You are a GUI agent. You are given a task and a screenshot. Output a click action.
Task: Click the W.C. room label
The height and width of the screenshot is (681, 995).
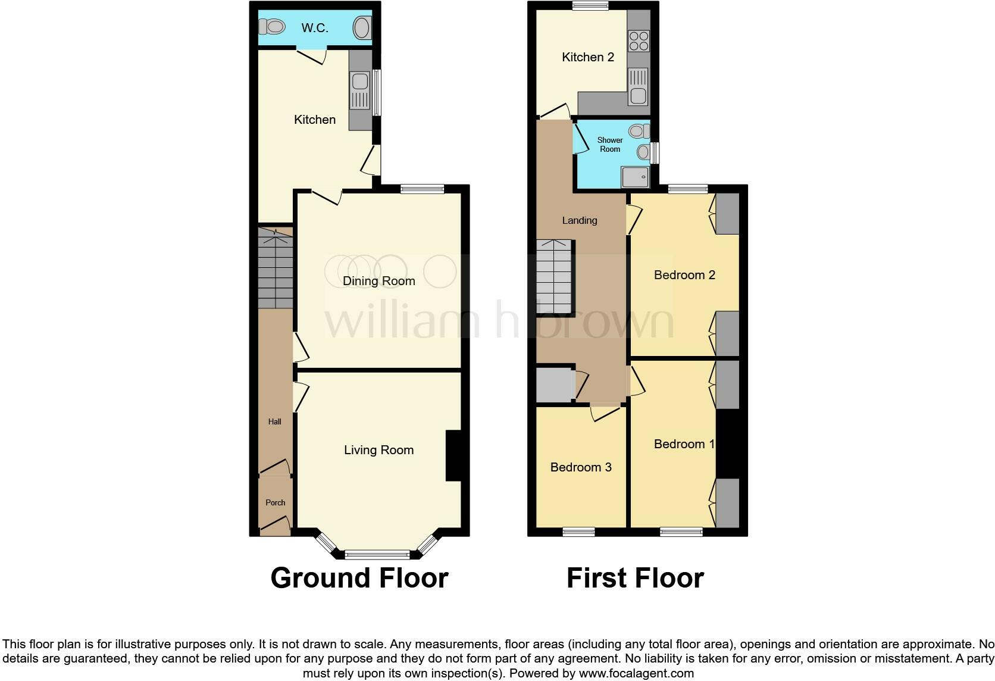(x=314, y=28)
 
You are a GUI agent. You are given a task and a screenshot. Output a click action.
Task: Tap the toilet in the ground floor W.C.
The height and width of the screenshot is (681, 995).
(x=273, y=27)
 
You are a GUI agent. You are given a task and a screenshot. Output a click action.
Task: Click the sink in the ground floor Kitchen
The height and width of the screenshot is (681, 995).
(x=359, y=90)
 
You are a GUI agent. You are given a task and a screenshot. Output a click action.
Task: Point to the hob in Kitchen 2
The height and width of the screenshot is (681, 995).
(x=638, y=41)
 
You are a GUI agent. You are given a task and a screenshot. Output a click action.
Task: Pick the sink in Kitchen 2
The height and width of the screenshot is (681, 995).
(x=638, y=87)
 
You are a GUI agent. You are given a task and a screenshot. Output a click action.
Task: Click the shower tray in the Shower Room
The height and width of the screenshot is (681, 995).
(x=635, y=177)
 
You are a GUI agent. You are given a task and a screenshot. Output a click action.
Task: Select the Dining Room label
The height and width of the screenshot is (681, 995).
(x=378, y=281)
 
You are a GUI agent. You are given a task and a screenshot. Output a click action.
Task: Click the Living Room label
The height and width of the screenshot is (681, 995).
(x=378, y=450)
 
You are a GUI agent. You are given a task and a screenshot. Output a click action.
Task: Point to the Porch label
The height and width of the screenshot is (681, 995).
(x=275, y=502)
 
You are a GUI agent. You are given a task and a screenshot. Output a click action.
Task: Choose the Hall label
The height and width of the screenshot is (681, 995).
(x=274, y=421)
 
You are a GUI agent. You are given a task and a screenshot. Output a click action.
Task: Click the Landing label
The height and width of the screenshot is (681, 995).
(x=579, y=220)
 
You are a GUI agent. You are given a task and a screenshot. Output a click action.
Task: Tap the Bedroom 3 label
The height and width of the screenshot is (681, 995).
(x=581, y=467)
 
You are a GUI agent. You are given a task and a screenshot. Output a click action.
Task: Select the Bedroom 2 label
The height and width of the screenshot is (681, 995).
(x=684, y=275)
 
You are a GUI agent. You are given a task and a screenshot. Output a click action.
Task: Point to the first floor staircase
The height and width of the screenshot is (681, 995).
(x=554, y=277)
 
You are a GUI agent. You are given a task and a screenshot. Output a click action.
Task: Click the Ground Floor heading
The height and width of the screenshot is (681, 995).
(x=359, y=578)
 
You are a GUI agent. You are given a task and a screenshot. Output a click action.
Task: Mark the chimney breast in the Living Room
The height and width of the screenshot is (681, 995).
(x=453, y=455)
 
